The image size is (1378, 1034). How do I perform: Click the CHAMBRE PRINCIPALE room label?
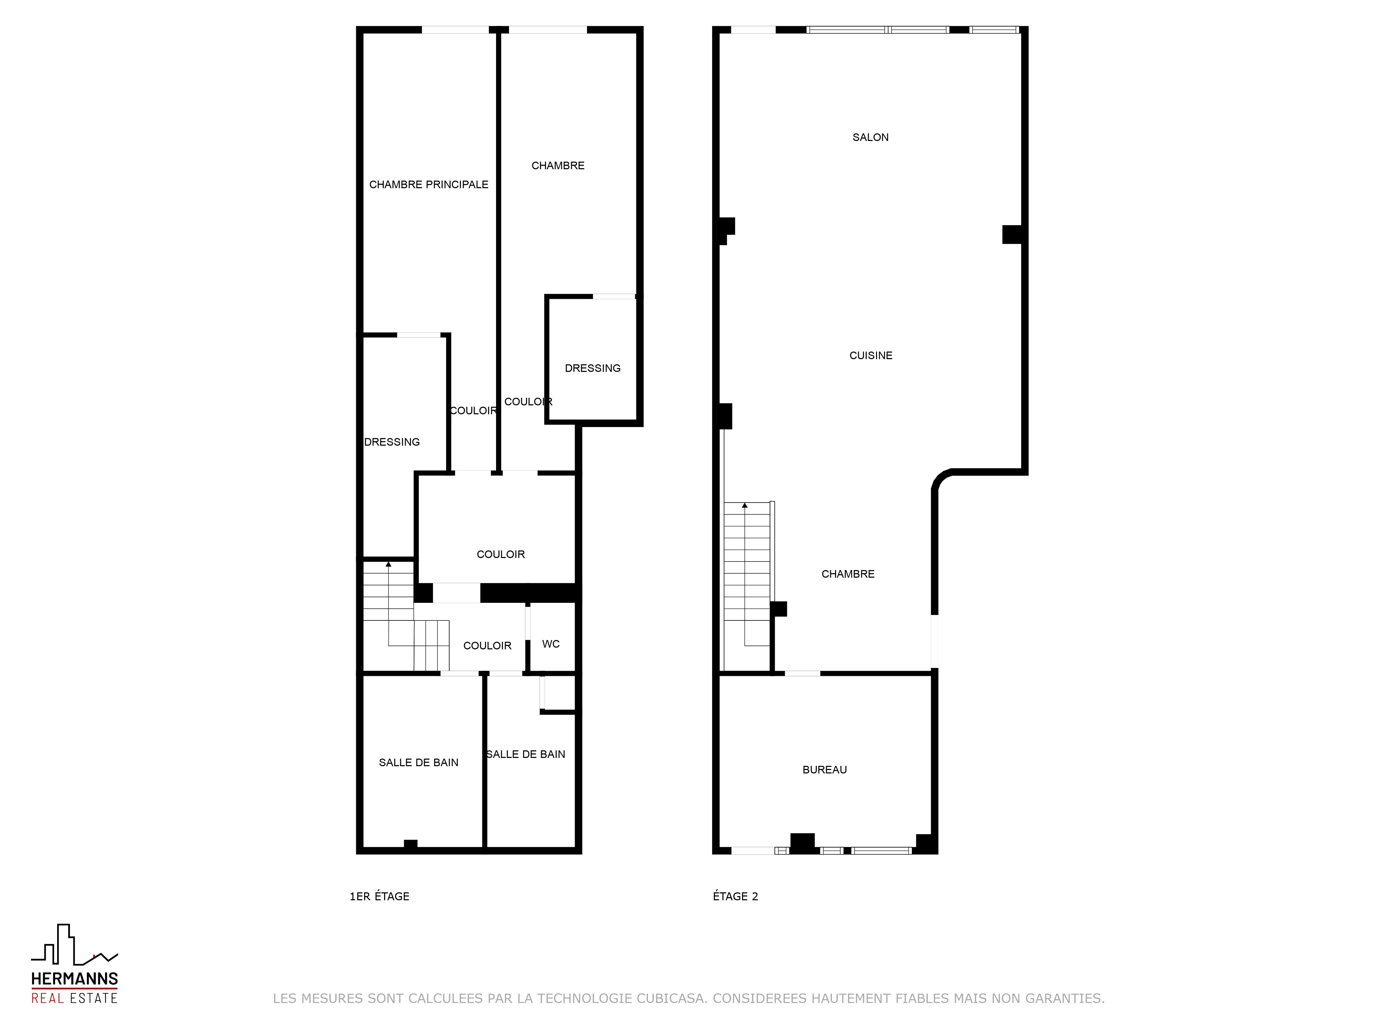click(x=429, y=184)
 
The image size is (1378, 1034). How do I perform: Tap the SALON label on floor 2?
click(x=870, y=137)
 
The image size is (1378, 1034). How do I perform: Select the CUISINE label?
click(x=871, y=355)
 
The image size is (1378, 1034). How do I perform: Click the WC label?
click(x=551, y=644)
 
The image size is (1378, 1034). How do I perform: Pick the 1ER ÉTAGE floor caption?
click(x=379, y=896)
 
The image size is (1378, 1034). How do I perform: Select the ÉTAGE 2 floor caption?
click(x=735, y=896)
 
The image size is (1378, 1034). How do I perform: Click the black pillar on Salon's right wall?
click(x=1012, y=234)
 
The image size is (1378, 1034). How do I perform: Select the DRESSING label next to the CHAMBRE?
click(x=593, y=368)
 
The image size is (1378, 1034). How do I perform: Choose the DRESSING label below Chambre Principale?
click(x=392, y=442)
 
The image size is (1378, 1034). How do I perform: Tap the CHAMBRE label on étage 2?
click(x=848, y=574)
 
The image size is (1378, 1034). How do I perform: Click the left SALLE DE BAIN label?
click(x=419, y=762)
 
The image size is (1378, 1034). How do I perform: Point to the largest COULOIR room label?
click(x=501, y=554)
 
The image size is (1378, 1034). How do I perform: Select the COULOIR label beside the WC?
click(x=487, y=646)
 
